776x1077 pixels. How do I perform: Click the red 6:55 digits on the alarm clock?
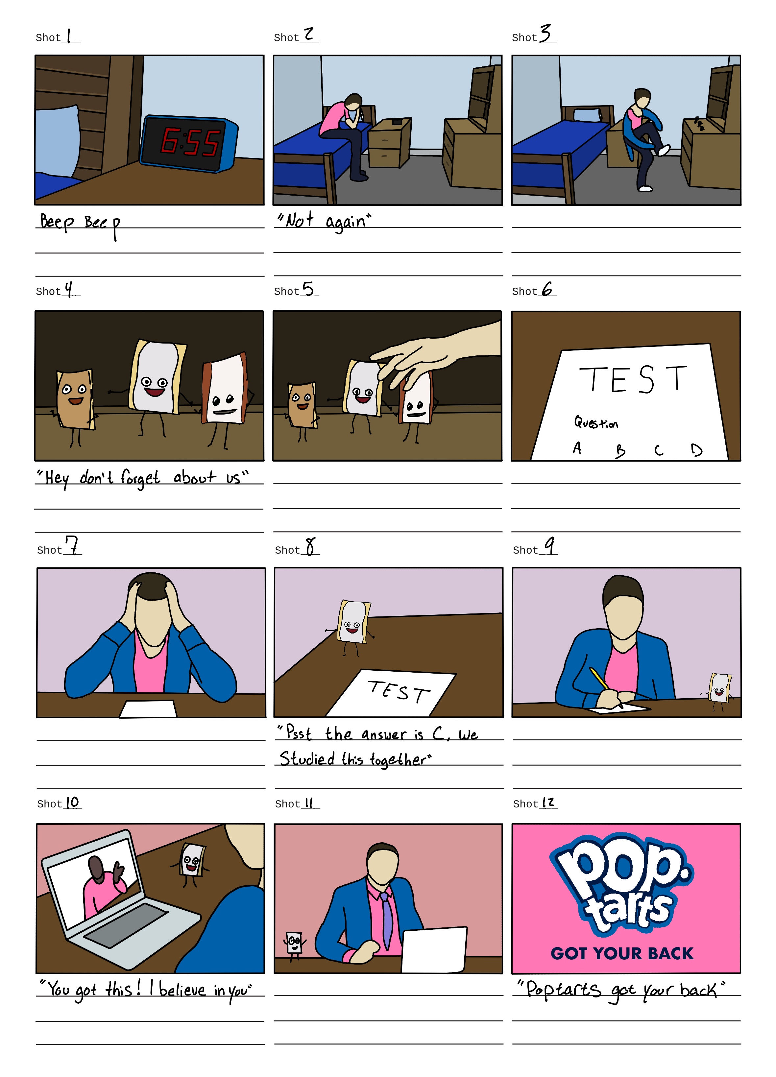click(x=190, y=141)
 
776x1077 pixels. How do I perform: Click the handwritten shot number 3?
click(x=545, y=33)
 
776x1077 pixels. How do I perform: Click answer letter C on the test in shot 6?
click(x=658, y=450)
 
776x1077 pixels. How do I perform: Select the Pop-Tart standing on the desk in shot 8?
click(x=353, y=622)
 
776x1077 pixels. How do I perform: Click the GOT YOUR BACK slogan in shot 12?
click(x=622, y=953)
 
